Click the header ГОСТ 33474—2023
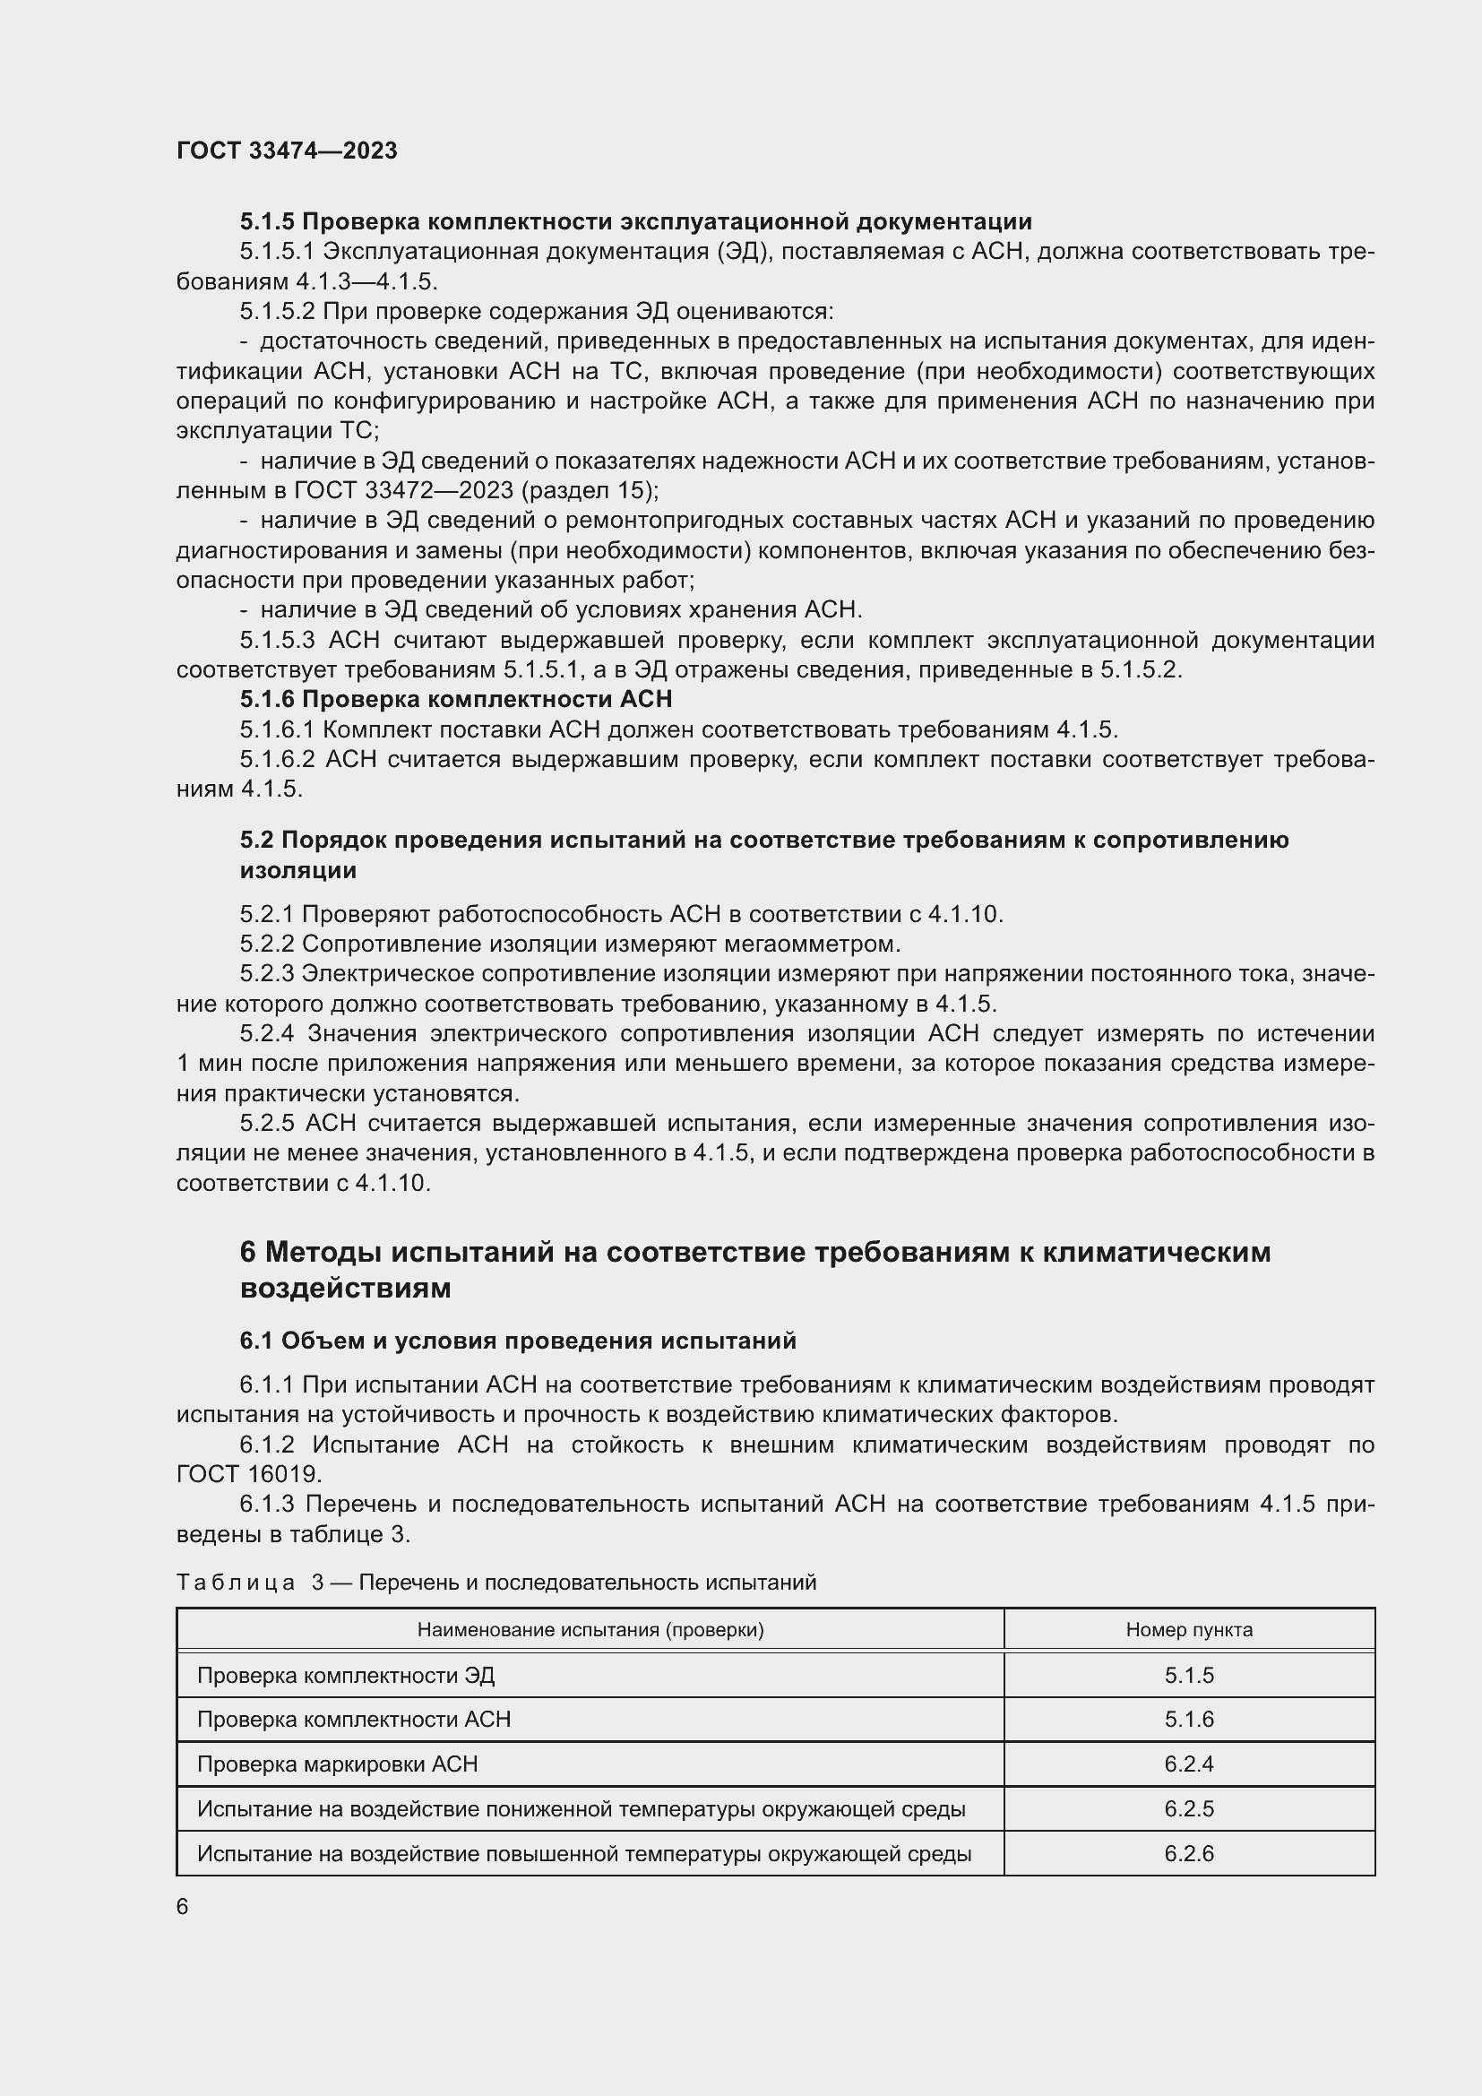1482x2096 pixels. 287,151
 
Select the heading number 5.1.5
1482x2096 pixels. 267,222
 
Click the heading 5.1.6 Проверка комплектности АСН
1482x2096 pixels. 455,699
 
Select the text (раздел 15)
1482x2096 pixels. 589,490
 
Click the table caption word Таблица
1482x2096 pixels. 237,1582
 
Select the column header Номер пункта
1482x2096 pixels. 1188,1628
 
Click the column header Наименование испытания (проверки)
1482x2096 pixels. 590,1628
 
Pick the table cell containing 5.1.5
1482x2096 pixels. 1188,1675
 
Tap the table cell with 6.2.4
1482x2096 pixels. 1188,1764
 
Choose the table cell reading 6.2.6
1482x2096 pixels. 1188,1853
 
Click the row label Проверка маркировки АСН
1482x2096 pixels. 337,1764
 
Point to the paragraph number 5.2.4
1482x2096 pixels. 266,1033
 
